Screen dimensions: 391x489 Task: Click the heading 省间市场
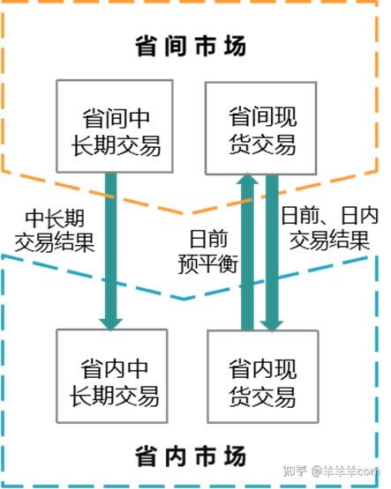(191, 46)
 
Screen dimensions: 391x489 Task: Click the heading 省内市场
(191, 456)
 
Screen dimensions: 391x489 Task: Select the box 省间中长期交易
(115, 126)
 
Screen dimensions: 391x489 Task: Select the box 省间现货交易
(260, 128)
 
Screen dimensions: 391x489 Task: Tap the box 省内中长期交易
(112, 376)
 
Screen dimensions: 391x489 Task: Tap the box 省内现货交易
(263, 377)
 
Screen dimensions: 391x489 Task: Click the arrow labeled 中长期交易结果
(111, 251)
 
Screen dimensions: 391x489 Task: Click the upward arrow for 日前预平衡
(247, 252)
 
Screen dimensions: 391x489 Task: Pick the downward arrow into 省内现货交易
(272, 253)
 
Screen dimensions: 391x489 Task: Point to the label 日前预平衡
(207, 252)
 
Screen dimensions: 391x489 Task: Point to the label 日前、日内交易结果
(329, 228)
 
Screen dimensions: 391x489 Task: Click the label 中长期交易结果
(55, 231)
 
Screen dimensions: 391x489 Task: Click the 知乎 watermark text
(295, 470)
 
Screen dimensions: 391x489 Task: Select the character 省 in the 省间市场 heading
(146, 46)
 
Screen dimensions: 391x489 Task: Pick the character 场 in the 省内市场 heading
(235, 456)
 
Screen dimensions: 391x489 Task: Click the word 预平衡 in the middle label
(207, 263)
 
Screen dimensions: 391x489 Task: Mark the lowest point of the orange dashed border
(187, 213)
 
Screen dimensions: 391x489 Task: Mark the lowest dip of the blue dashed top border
(184, 300)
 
